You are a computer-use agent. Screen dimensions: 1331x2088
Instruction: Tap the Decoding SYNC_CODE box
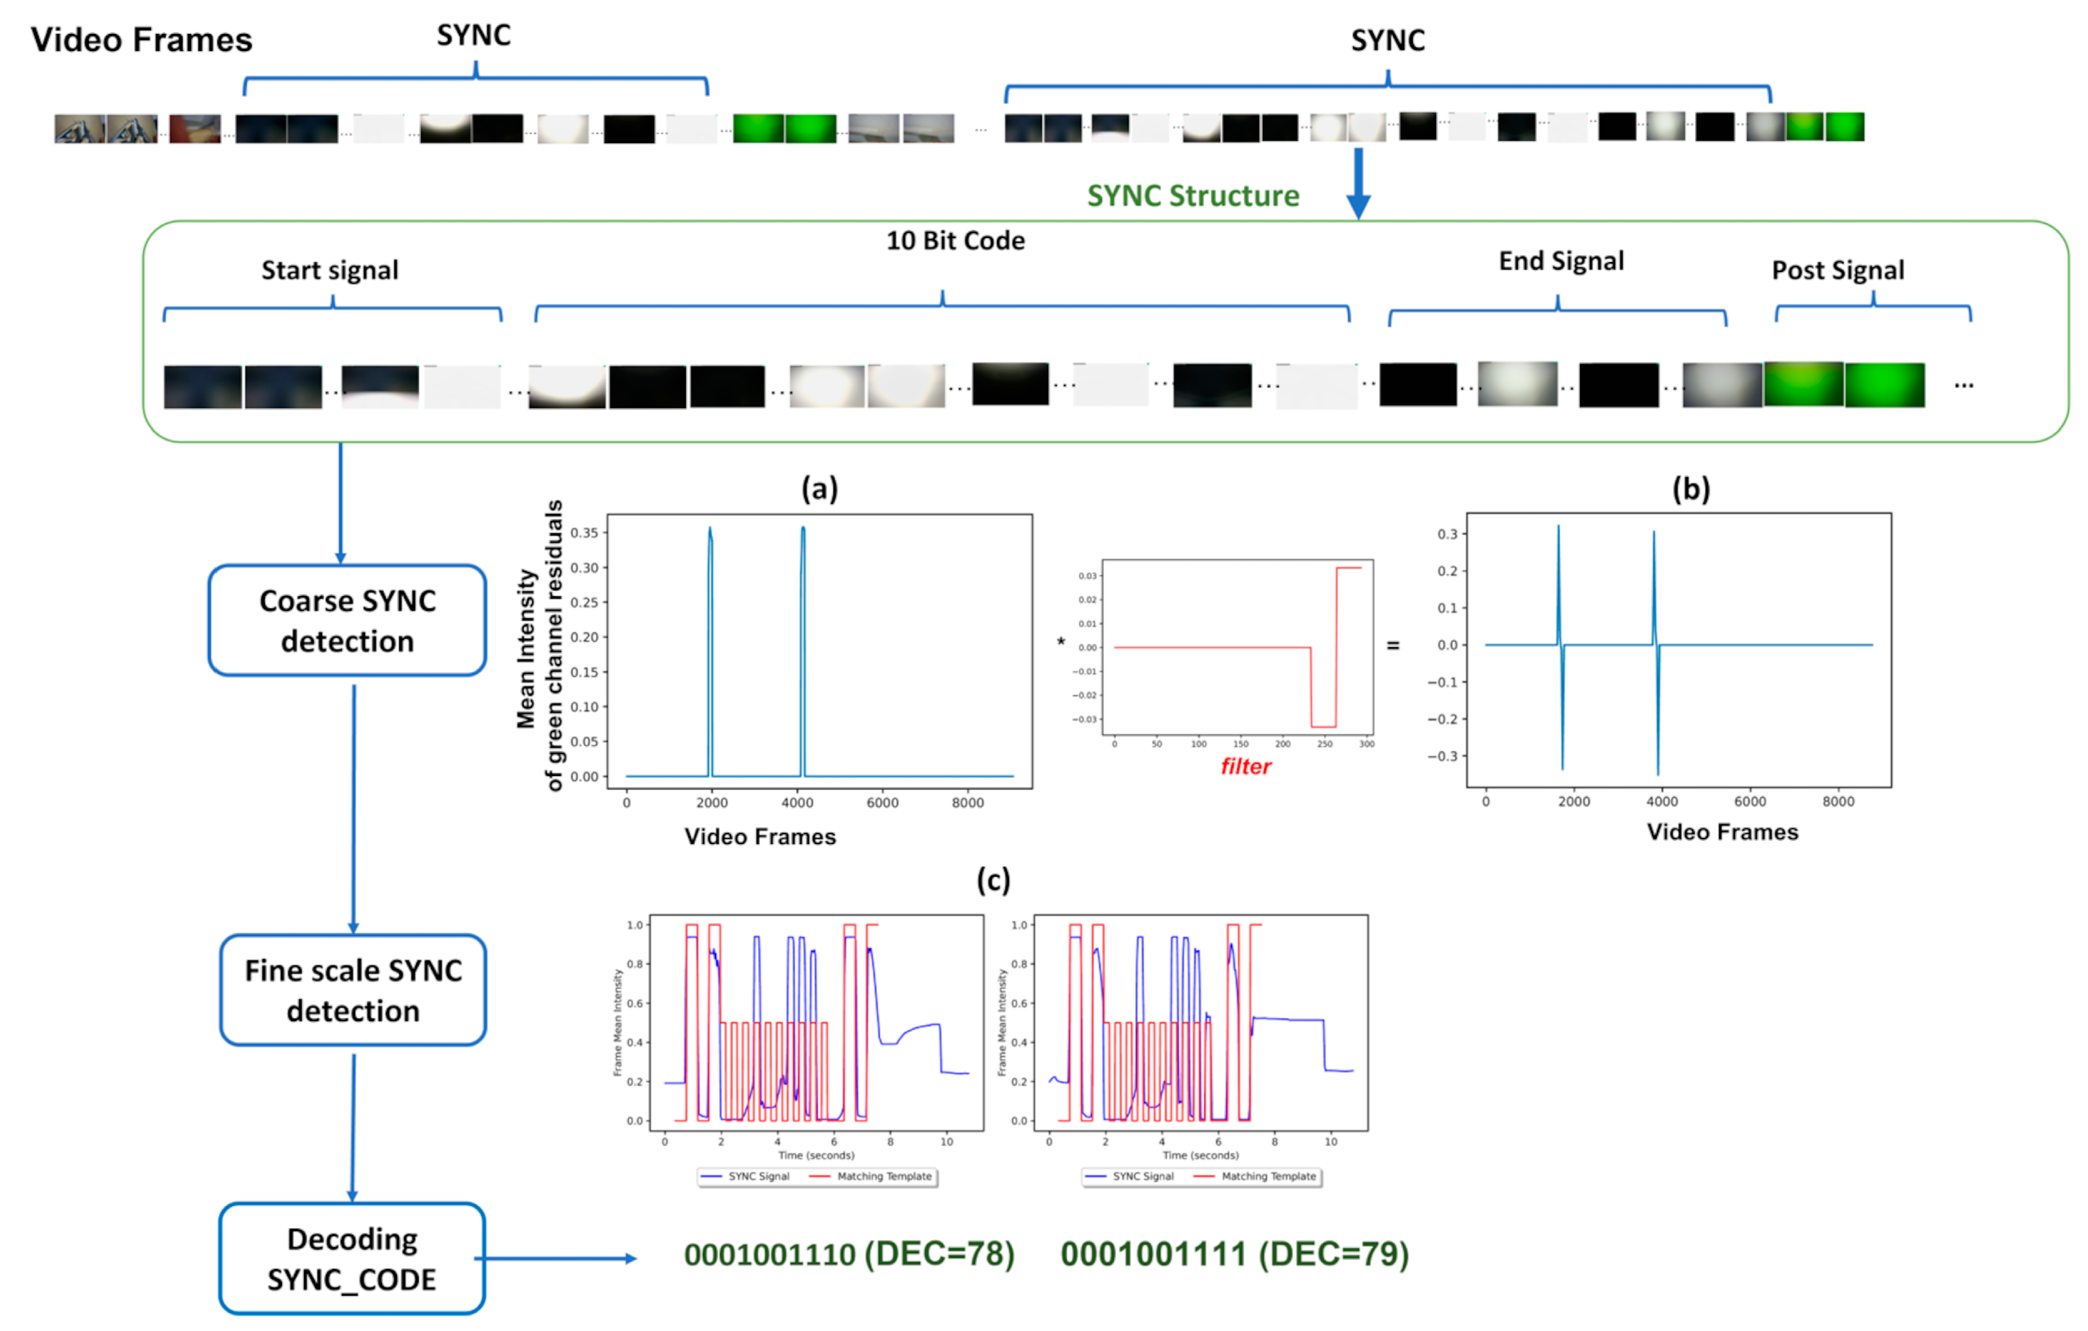pyautogui.click(x=351, y=1258)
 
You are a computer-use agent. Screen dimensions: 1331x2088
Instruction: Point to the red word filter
pyautogui.click(x=1245, y=767)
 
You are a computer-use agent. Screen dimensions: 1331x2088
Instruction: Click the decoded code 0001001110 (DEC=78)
pyautogui.click(x=848, y=1254)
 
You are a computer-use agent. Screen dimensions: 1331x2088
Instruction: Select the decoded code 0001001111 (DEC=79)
pyautogui.click(x=1234, y=1254)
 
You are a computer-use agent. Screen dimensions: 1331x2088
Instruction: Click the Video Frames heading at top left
pyautogui.click(x=141, y=40)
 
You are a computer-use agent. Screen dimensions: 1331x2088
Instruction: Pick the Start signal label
pyautogui.click(x=330, y=271)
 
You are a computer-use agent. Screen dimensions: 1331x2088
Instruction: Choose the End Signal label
pyautogui.click(x=1561, y=261)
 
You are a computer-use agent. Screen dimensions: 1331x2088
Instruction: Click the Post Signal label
pyautogui.click(x=1838, y=271)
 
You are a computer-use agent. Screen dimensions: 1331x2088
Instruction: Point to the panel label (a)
pyautogui.click(x=819, y=489)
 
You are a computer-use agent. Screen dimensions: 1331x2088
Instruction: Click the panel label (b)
pyautogui.click(x=1690, y=489)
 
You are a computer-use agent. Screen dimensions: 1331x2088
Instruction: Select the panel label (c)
pyautogui.click(x=993, y=880)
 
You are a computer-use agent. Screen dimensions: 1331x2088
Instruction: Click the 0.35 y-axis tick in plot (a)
pyautogui.click(x=583, y=532)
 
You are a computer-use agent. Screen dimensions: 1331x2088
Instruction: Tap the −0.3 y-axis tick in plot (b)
pyautogui.click(x=1442, y=756)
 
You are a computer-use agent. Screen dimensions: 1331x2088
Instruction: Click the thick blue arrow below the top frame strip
pyautogui.click(x=1358, y=182)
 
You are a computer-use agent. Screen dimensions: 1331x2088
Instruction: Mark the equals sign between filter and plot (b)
pyautogui.click(x=1393, y=646)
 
